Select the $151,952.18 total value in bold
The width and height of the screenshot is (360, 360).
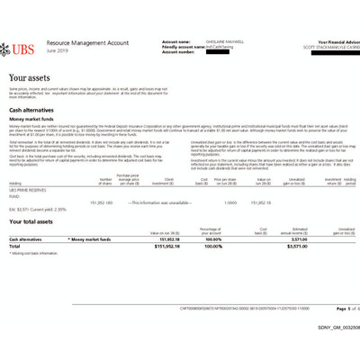tap(171, 246)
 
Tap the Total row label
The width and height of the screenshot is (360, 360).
tap(14, 246)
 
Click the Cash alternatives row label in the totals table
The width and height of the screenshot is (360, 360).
tap(25, 239)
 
